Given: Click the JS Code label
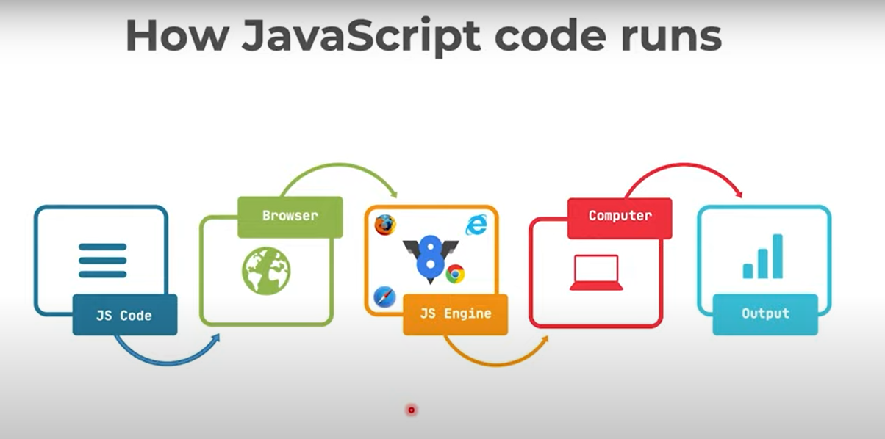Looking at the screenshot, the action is [x=124, y=316].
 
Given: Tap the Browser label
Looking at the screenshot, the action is [x=290, y=216].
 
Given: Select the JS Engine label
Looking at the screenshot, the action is [x=455, y=314].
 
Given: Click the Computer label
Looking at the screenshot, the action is [x=620, y=216].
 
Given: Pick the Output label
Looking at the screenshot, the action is [x=765, y=313].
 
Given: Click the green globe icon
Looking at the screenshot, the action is [x=266, y=270].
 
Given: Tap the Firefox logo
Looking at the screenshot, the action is [x=384, y=225].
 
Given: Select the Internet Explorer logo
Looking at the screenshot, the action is [x=476, y=225].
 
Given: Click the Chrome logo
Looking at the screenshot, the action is [x=455, y=274].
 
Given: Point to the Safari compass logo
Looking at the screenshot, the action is [x=384, y=297].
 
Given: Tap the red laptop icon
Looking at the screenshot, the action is [x=596, y=272].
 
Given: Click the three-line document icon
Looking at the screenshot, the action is [x=103, y=260].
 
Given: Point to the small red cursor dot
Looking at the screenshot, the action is [x=412, y=410].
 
